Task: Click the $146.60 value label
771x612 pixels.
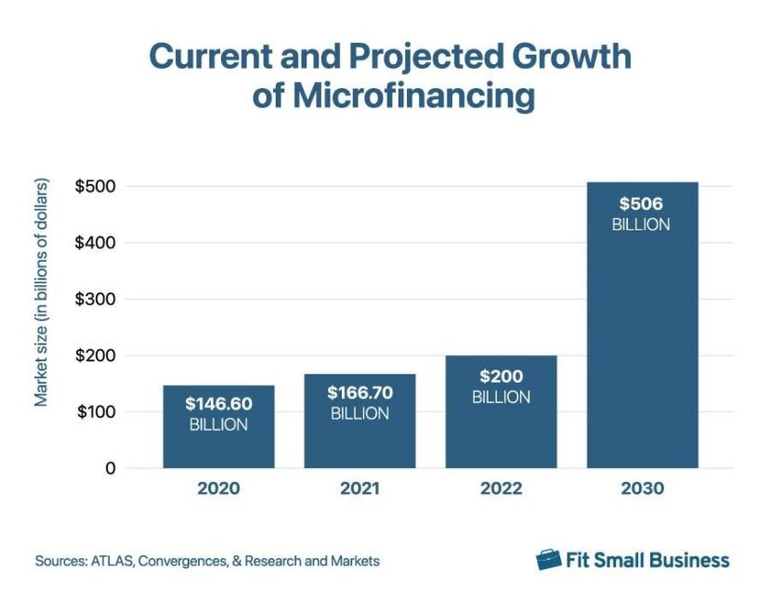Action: coord(218,405)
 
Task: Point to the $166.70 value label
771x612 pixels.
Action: coord(359,393)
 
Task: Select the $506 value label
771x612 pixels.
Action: coord(641,203)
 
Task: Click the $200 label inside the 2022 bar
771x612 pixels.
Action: coord(501,377)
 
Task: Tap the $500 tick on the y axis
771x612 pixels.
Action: coord(96,186)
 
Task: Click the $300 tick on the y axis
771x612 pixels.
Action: coord(96,299)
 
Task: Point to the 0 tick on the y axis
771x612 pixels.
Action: coord(110,469)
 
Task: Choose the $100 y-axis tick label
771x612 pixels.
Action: coord(96,412)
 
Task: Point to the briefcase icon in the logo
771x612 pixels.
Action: coord(550,559)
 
